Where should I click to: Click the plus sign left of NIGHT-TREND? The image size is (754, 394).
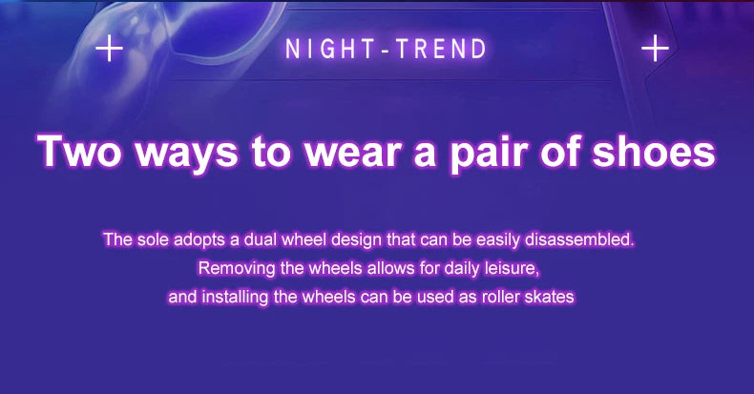pos(110,48)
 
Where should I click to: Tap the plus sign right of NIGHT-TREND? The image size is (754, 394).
pos(655,48)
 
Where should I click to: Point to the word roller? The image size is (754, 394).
pos(503,297)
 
